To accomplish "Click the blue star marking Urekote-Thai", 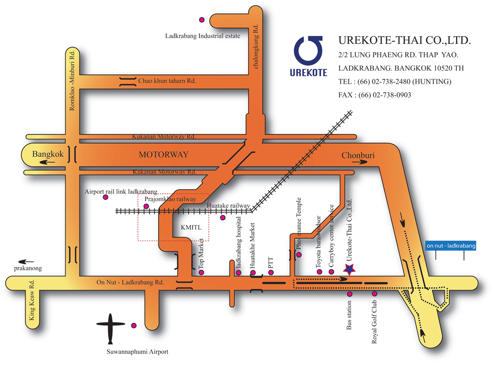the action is [x=350, y=269].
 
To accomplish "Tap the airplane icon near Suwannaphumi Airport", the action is [x=110, y=327].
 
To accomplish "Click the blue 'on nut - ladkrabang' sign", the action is [x=451, y=245].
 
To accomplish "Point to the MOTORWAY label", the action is [x=164, y=154].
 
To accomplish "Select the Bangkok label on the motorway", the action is [x=48, y=154].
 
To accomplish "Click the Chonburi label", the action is [x=358, y=155].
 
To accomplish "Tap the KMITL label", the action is [x=191, y=227].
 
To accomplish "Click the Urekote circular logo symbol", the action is [x=308, y=50].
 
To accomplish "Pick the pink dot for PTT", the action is [x=271, y=272].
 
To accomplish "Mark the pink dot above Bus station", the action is [x=350, y=294].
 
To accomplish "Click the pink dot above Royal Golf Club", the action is [x=375, y=294].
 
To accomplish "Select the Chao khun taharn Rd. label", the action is [x=167, y=81].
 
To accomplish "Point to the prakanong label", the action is [x=28, y=268].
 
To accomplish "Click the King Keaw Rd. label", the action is [x=31, y=300].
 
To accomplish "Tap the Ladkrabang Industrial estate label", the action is [x=203, y=36].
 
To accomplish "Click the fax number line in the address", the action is [x=375, y=95].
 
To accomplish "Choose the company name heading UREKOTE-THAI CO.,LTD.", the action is [x=404, y=40].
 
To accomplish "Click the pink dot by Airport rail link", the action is [x=105, y=197].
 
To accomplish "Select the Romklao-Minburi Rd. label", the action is [x=72, y=80].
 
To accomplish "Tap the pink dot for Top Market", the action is [x=202, y=272].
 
